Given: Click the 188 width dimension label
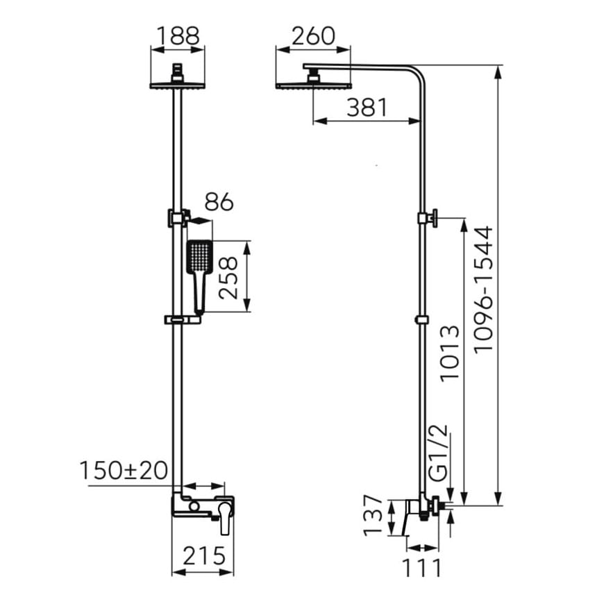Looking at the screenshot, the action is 178,36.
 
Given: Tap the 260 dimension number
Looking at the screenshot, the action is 313,36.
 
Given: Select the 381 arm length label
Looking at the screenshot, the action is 367,108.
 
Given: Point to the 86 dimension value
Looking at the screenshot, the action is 219,202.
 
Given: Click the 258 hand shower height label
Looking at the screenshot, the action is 228,278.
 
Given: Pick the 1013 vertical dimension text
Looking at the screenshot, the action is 450,353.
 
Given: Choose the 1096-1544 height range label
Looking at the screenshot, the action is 483,289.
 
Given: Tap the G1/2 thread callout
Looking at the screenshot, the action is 439,453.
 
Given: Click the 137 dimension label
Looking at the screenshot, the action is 374,516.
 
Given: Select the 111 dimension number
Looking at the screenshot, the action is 421,567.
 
